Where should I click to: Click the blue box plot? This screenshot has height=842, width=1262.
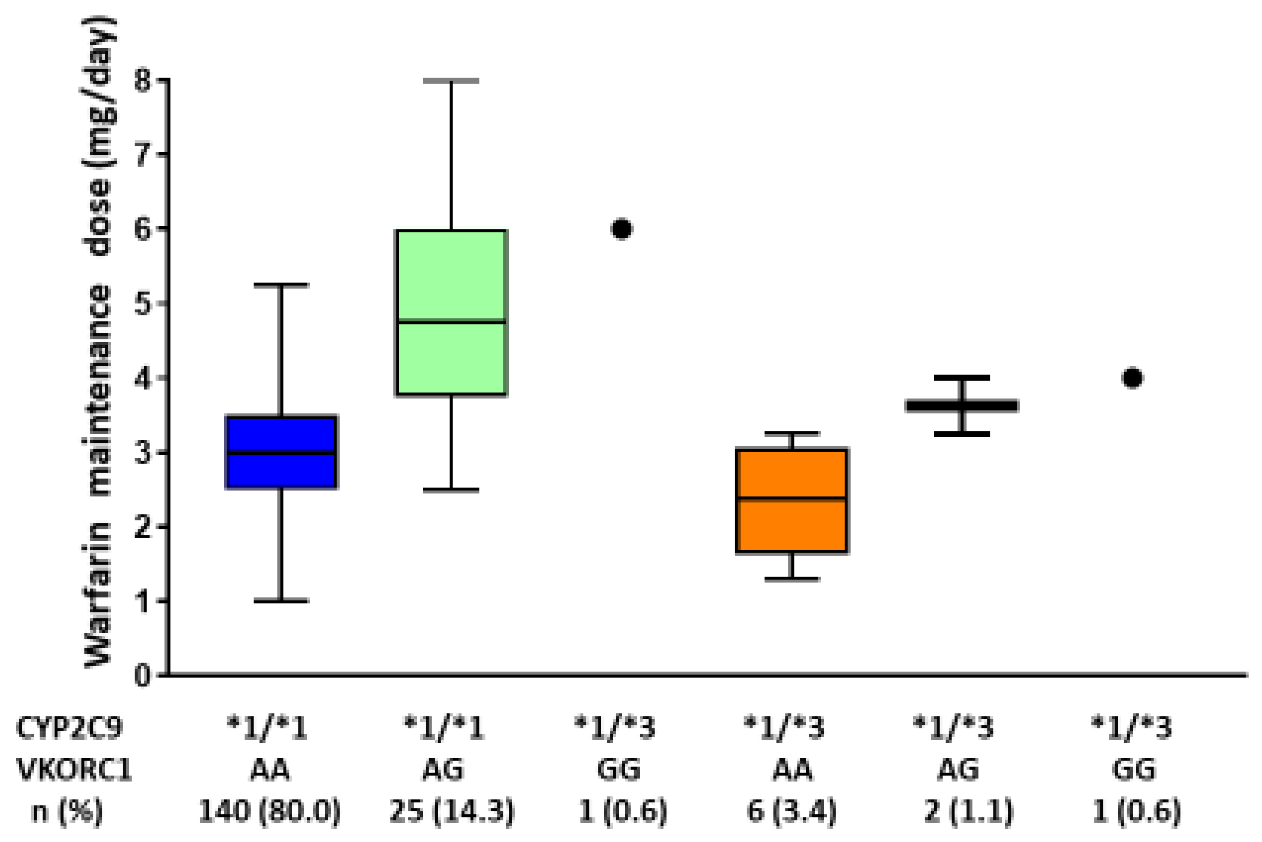(x=281, y=452)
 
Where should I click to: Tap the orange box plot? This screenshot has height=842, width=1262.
(x=791, y=500)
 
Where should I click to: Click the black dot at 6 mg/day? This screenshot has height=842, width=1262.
(x=621, y=229)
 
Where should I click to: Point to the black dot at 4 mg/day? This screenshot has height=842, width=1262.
(x=1132, y=378)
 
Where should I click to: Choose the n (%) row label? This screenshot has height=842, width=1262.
(x=67, y=811)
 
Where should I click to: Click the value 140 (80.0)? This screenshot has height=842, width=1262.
(x=270, y=811)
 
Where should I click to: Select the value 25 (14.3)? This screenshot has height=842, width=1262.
(x=452, y=811)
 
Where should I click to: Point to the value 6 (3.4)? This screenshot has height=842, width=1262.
(x=791, y=811)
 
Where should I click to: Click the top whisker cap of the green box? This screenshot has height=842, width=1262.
(x=451, y=81)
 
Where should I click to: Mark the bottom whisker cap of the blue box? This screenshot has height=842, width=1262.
(x=281, y=601)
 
